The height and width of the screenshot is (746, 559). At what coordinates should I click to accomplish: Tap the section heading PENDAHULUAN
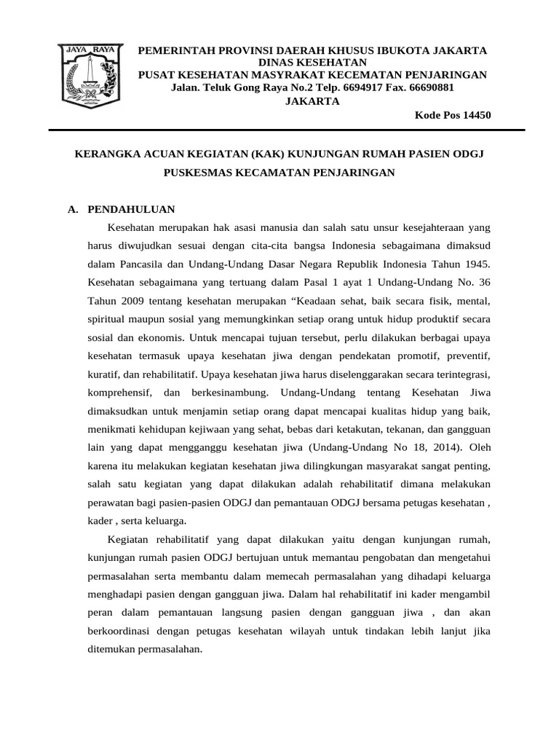[131, 209]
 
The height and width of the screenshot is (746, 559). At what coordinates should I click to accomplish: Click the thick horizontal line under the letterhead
[286, 130]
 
